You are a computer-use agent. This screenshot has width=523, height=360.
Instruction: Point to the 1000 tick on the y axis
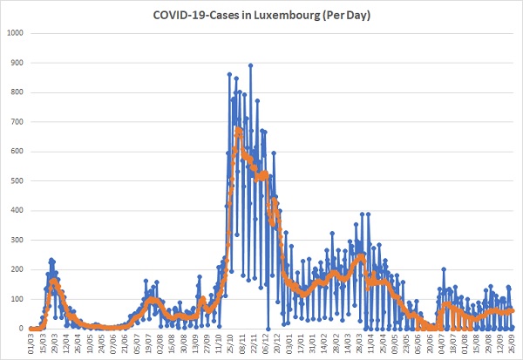15,33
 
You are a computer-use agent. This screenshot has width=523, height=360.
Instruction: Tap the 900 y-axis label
17,63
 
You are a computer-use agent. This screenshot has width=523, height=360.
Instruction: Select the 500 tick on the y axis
17,180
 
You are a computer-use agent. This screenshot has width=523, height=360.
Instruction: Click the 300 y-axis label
17,240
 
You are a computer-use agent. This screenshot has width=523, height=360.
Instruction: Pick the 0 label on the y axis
21,329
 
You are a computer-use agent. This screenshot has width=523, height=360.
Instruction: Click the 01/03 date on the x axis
31,343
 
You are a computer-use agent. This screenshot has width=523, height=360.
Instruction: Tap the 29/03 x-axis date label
54,343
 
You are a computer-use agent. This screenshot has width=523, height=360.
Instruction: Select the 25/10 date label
230,343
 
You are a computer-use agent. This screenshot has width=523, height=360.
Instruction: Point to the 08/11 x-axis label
241,343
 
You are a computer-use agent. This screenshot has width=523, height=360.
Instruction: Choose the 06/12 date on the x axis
266,343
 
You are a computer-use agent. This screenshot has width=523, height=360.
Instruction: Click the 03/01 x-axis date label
289,343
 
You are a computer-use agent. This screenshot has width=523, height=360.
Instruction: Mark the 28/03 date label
359,343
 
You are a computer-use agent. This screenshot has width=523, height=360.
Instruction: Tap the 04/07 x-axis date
441,343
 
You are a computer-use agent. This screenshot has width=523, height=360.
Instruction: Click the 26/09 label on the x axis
512,343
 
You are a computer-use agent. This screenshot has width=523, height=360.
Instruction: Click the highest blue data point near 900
250,65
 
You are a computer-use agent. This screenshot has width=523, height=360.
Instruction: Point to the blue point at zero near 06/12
268,329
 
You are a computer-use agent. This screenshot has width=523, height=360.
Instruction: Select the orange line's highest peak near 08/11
238,129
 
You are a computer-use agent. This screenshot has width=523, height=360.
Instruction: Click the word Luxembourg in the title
287,16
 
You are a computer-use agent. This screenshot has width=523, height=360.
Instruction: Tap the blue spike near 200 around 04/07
444,269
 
